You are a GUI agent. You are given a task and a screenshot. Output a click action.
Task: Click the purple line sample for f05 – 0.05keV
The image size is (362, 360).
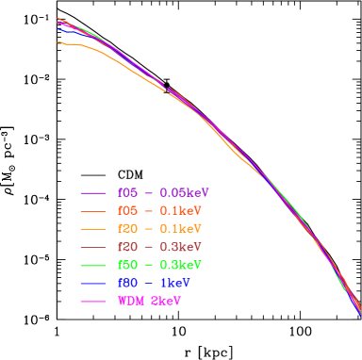click(x=91, y=191)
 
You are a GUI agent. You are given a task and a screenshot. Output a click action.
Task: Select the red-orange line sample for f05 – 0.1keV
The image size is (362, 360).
click(x=91, y=210)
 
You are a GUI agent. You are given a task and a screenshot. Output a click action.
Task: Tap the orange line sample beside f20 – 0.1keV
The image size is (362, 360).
click(x=91, y=229)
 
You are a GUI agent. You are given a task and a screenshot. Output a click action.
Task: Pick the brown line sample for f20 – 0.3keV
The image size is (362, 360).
click(x=91, y=247)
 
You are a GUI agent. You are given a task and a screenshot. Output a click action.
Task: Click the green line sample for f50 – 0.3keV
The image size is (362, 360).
click(x=91, y=265)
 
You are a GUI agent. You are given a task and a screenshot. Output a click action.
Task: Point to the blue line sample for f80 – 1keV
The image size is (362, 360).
click(x=91, y=283)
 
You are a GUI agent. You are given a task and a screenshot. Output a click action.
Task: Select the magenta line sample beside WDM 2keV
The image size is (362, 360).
click(x=91, y=302)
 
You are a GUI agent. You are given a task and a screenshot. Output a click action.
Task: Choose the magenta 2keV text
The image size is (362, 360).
click(x=166, y=302)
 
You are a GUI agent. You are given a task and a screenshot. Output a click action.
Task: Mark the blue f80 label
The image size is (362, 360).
click(x=128, y=283)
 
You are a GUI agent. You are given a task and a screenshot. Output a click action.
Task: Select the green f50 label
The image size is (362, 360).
click(x=128, y=265)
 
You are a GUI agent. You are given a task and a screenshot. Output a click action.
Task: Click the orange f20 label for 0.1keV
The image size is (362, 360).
click(x=128, y=229)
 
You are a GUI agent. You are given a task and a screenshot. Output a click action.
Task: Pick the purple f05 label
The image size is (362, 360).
click(x=128, y=191)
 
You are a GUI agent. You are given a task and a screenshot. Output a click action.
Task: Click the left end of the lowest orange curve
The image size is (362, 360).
click(x=58, y=41)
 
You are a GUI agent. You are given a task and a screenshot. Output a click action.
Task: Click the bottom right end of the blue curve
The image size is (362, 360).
click(x=360, y=317)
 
